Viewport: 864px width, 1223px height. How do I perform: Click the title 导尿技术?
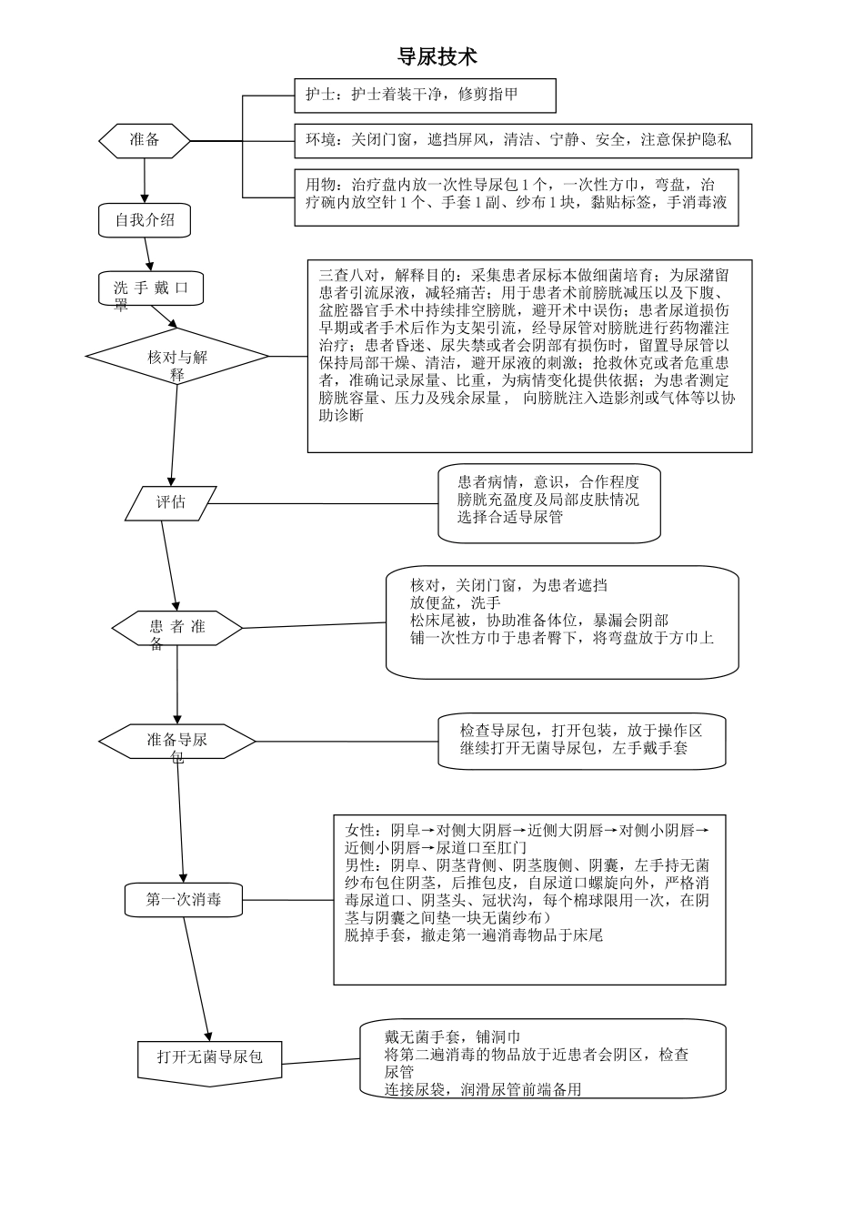tap(437, 57)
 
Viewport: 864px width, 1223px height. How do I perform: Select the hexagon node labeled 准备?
tap(145, 140)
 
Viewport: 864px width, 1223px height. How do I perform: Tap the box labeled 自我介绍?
tap(145, 219)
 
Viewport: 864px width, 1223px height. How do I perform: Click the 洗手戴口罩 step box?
tap(151, 288)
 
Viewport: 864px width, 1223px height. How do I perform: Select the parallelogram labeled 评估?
tap(170, 502)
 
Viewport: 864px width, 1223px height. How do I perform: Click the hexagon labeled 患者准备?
tap(177, 628)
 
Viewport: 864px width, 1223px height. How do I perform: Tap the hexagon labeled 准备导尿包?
tap(177, 741)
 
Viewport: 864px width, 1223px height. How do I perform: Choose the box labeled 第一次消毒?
tap(184, 900)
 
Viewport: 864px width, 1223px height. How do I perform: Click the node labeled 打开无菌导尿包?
tap(210, 1056)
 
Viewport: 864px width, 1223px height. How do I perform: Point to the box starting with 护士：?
tap(425, 95)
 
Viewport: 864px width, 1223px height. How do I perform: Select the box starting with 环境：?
tap(522, 140)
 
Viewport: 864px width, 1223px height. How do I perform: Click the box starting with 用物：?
tap(516, 196)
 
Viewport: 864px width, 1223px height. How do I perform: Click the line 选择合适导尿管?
tap(510, 517)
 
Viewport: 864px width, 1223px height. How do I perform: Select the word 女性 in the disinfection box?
tap(359, 831)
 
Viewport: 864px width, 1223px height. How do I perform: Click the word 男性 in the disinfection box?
tap(359, 865)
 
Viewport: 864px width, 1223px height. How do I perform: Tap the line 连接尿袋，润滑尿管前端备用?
tap(482, 1089)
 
